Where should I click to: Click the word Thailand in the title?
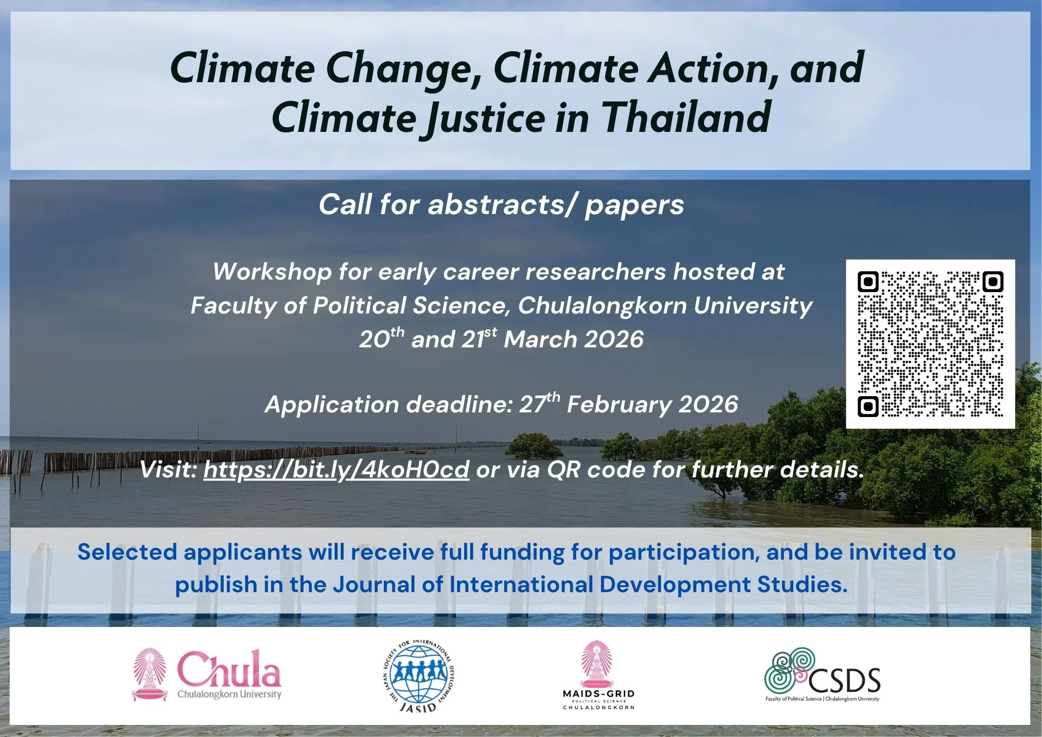(x=687, y=117)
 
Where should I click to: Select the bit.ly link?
(x=336, y=469)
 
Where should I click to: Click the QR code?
(x=930, y=344)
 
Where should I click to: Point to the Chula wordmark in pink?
(x=229, y=669)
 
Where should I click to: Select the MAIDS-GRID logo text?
(x=598, y=694)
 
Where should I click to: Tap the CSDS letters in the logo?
(x=845, y=681)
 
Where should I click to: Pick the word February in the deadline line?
(x=619, y=404)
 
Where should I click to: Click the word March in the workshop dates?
(x=540, y=339)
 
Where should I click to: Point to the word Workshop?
(x=272, y=272)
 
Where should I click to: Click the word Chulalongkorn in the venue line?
(x=602, y=306)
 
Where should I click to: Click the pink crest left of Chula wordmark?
(x=149, y=674)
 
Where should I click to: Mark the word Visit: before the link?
(x=168, y=469)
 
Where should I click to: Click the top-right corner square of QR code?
(x=993, y=281)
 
